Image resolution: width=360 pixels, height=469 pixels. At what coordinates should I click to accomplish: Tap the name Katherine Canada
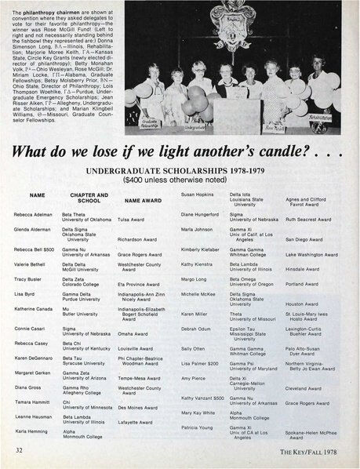tap(33, 309)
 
